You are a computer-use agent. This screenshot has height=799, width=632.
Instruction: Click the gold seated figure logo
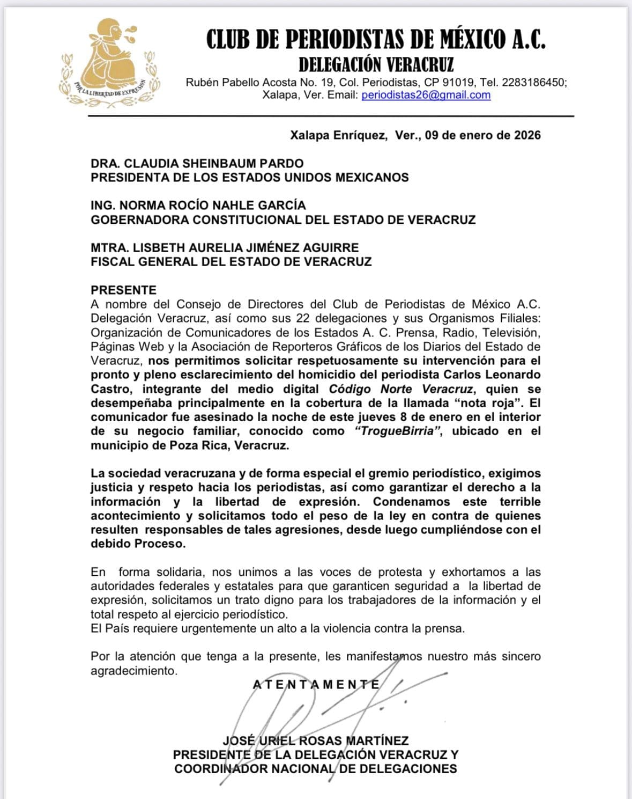[x=110, y=62]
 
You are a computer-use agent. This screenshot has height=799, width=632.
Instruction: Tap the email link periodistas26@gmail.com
[x=426, y=96]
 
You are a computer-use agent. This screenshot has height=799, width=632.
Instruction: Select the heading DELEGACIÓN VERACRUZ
[x=376, y=65]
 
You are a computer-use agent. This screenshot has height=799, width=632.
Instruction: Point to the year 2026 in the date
[x=527, y=135]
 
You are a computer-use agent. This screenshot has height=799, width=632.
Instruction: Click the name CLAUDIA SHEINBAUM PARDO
[x=213, y=163]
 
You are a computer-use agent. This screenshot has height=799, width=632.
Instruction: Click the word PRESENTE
[x=123, y=290]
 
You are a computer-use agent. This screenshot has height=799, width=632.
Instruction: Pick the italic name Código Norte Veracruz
[x=401, y=389]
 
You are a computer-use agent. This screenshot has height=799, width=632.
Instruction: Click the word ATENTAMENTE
[x=316, y=684]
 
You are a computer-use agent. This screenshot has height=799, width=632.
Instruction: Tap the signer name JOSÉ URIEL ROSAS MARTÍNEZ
[x=316, y=741]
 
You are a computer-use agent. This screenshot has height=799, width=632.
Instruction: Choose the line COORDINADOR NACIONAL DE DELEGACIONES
[x=316, y=768]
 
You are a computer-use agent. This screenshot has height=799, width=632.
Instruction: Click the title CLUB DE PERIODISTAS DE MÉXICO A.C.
[x=376, y=39]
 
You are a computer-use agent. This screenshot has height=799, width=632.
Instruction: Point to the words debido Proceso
[x=138, y=544]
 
